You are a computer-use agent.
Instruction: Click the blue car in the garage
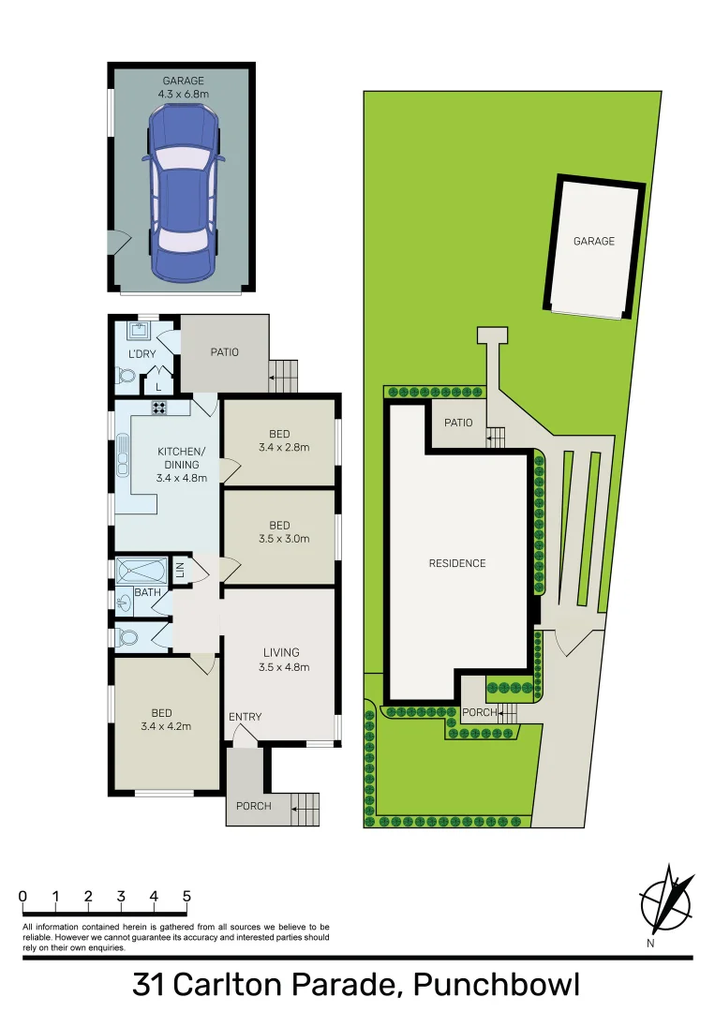coord(182,193)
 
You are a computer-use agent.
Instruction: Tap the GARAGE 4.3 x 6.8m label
coord(182,88)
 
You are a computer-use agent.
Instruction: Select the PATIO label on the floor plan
coord(224,352)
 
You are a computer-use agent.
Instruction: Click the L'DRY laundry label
coord(142,354)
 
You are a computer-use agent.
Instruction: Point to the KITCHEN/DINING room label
coord(183,464)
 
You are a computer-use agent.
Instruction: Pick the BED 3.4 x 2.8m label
coord(279,440)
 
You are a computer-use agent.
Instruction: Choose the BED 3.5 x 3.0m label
coord(279,532)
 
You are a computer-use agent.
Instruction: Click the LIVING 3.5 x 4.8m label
coord(281,660)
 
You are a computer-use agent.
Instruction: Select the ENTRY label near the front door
coord(246,717)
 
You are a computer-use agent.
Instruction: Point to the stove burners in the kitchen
coord(159,407)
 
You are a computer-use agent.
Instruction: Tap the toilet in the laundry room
coord(127,377)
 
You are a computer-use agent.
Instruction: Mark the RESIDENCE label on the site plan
coord(457,563)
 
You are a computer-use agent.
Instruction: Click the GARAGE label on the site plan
coord(594,241)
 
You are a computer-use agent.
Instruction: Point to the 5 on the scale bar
coord(186,896)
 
